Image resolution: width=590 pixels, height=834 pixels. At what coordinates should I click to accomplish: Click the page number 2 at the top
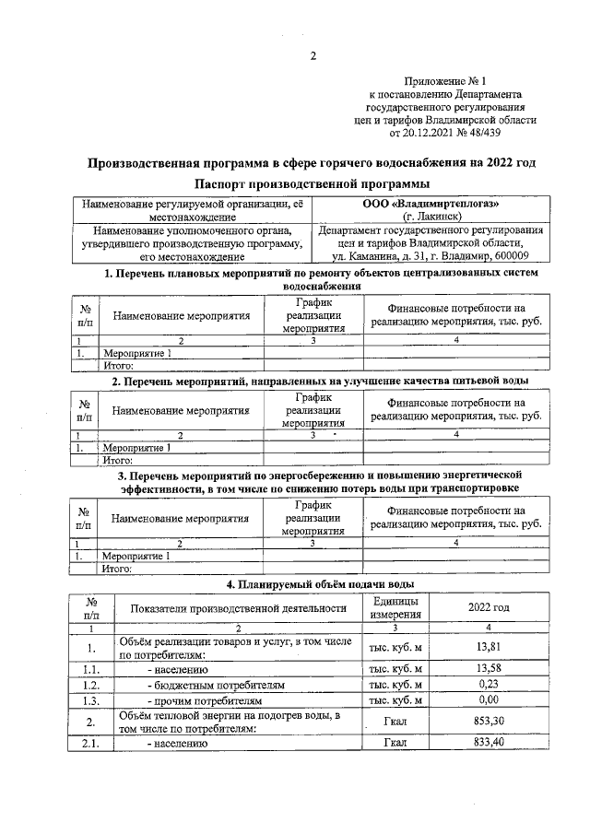coord(312,56)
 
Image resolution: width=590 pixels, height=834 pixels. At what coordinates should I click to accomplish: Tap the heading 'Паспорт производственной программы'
coord(312,184)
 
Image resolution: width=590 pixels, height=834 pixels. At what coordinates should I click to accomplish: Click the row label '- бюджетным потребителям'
coord(215,686)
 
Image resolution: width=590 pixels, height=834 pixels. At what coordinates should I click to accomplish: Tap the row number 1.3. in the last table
coord(90,702)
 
